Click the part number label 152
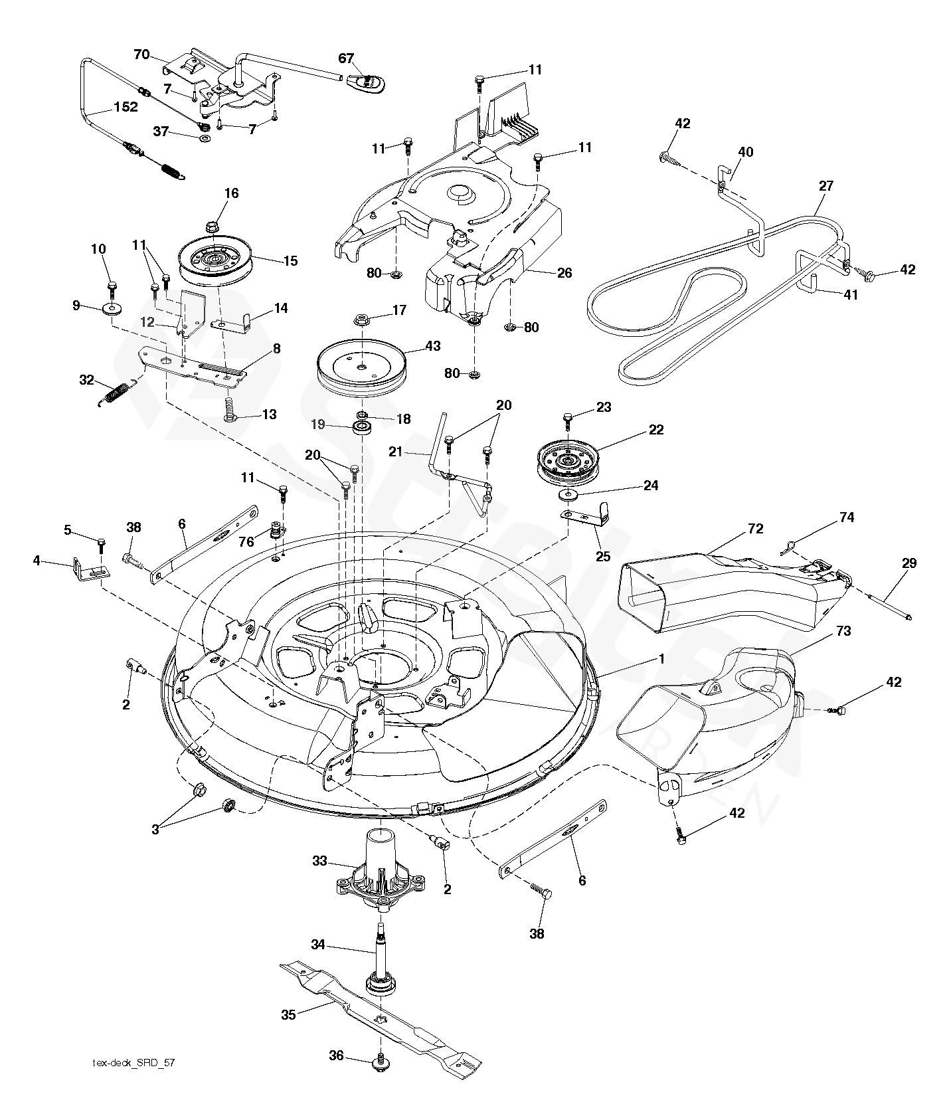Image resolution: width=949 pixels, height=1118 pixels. (x=125, y=107)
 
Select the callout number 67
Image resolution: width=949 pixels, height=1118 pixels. (x=346, y=58)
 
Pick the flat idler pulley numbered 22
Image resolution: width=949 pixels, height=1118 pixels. (x=566, y=468)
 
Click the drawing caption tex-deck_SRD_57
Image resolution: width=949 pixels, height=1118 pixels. (x=133, y=1081)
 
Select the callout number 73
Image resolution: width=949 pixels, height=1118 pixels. (x=843, y=630)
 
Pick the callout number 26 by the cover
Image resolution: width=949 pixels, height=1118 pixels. (x=564, y=273)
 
